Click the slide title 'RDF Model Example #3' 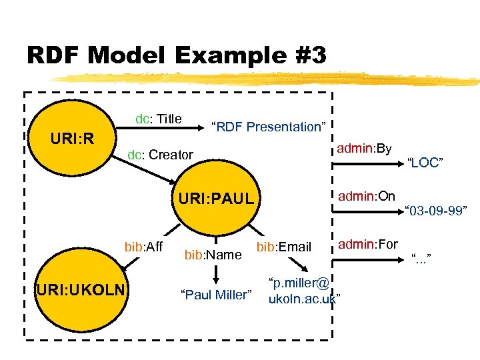point(177,55)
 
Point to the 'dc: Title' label point(159,119)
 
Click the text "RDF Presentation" point(267,127)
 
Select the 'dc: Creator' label point(160,155)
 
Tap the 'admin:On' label point(366,196)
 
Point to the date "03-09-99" point(438,212)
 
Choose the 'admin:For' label point(368,245)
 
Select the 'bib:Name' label point(213,254)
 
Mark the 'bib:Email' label point(284,247)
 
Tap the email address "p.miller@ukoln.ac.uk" point(303,291)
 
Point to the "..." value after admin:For point(421,257)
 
